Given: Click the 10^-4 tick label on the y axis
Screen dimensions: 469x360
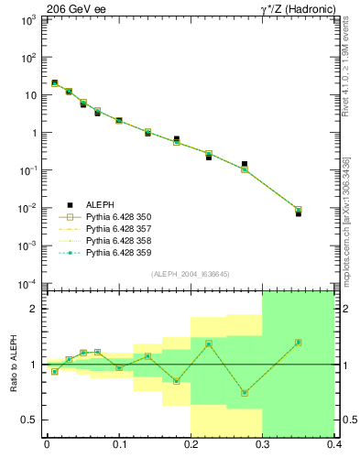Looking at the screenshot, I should point(28,283).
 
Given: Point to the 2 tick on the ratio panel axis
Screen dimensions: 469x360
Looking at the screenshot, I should point(35,309).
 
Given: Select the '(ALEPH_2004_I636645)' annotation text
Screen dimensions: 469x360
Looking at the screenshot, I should point(190,274).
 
